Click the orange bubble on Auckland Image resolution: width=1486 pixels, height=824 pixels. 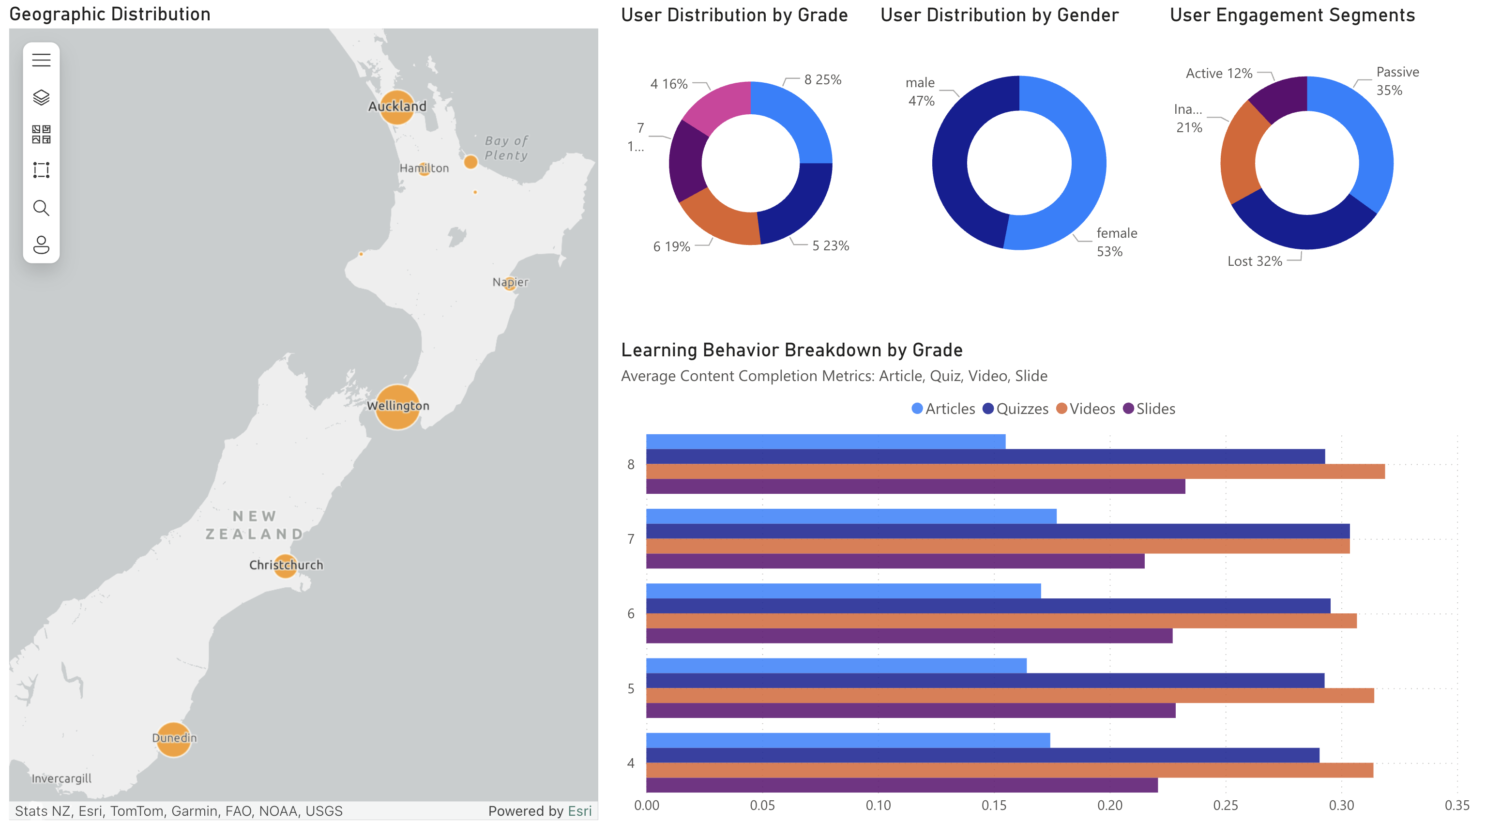point(397,107)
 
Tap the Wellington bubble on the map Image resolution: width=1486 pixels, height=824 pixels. point(397,407)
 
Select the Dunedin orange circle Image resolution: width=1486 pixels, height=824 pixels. point(174,739)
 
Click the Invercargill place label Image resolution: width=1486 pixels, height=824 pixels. point(61,778)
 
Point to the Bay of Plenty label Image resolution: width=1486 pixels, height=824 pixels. point(506,148)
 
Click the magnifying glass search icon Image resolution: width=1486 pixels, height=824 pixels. point(41,208)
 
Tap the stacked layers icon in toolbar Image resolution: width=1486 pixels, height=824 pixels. point(41,97)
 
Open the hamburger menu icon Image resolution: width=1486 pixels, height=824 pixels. point(41,60)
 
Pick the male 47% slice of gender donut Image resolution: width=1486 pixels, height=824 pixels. point(960,173)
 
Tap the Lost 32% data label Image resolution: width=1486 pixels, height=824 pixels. point(1254,261)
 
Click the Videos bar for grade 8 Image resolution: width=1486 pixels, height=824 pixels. point(1016,472)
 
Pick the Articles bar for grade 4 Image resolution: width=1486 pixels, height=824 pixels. point(848,741)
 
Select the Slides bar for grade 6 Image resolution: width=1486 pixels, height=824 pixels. point(909,636)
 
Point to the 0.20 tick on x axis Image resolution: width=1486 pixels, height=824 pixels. point(1109,806)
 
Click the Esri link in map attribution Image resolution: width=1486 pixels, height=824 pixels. point(579,811)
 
